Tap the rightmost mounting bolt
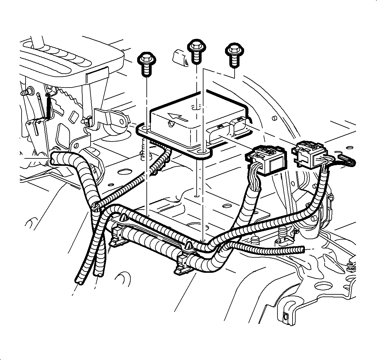point(233,50)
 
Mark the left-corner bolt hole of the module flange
point(145,127)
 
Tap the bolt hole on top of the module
point(195,108)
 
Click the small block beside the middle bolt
point(179,57)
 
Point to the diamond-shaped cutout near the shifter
point(74,117)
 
